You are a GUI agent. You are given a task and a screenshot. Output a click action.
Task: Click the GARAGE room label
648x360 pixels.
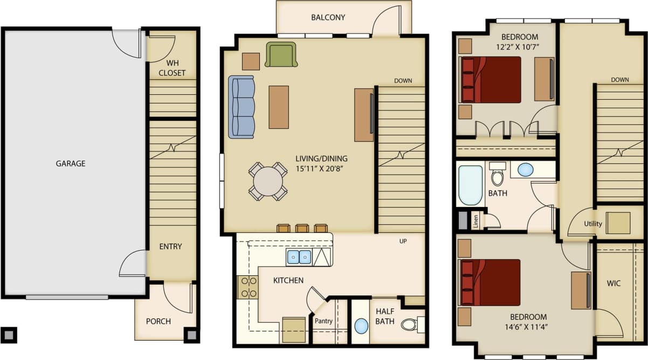pyautogui.click(x=71, y=163)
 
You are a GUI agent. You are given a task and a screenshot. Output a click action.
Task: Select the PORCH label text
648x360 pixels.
pyautogui.click(x=158, y=321)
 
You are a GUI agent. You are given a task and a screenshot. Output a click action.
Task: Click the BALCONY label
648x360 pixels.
pyautogui.click(x=328, y=17)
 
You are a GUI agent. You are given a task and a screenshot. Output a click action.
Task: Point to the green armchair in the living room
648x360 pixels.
pyautogui.click(x=281, y=54)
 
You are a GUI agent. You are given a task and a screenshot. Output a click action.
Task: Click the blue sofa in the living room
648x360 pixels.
pyautogui.click(x=242, y=107)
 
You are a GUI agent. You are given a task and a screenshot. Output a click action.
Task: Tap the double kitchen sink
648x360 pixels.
pyautogui.click(x=299, y=258)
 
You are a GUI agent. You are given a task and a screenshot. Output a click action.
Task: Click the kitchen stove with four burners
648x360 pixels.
pyautogui.click(x=248, y=287)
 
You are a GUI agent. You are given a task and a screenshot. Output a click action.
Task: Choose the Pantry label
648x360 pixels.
pyautogui.click(x=323, y=321)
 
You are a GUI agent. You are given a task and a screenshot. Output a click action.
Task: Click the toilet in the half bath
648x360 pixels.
pyautogui.click(x=411, y=324)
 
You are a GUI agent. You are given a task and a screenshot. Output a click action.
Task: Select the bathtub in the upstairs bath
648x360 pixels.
pyautogui.click(x=470, y=185)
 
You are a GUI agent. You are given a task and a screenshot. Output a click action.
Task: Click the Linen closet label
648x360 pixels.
pyautogui.click(x=476, y=221)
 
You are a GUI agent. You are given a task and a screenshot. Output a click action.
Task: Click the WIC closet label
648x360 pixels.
pyautogui.click(x=613, y=282)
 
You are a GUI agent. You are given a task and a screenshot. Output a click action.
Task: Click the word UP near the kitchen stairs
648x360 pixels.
pyautogui.click(x=403, y=241)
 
